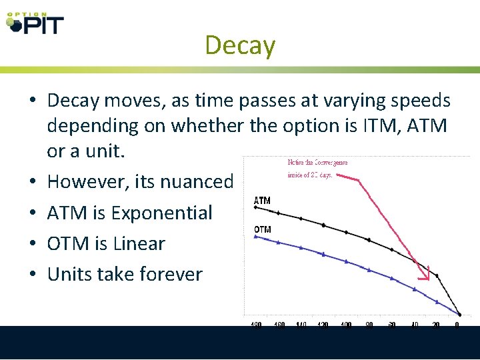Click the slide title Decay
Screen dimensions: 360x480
coord(240,45)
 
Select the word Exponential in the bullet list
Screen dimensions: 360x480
coord(161,213)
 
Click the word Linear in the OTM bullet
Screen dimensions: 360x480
coord(139,243)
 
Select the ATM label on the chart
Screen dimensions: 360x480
coord(263,200)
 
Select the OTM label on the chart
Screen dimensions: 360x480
coord(263,229)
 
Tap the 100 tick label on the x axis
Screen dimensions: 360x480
coord(347,325)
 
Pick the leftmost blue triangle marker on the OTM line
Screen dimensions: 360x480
coord(255,235)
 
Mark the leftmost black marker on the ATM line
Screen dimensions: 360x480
coord(255,207)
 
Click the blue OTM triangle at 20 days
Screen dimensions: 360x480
coord(437,301)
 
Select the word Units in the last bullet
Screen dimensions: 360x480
coord(69,274)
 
